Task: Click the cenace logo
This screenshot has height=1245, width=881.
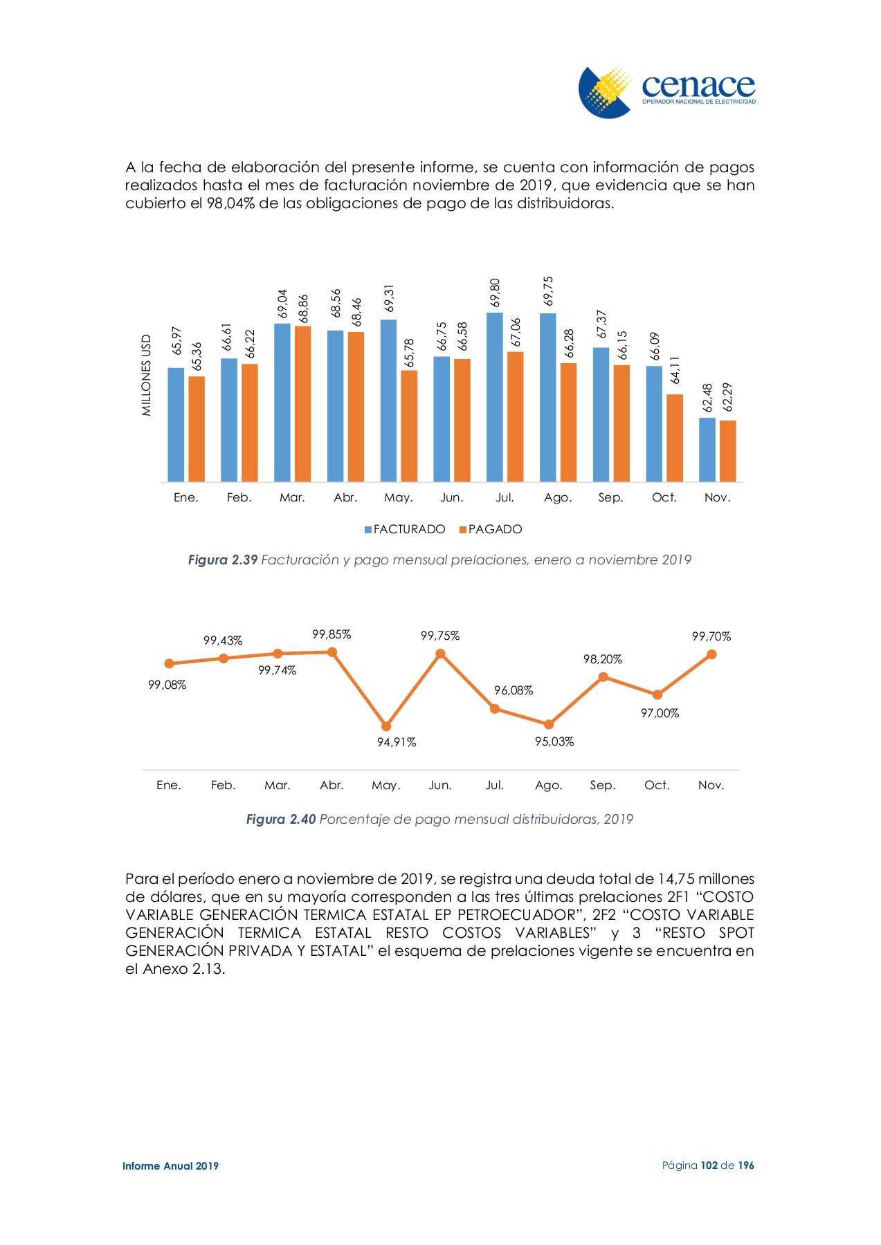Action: (666, 92)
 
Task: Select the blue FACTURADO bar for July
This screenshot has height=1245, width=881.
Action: (494, 397)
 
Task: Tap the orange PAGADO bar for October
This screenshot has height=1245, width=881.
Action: (675, 438)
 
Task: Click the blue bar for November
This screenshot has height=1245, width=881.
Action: (707, 450)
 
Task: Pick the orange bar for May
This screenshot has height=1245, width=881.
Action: (409, 426)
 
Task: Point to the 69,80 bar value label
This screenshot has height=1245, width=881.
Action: (495, 293)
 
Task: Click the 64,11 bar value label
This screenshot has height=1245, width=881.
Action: (675, 371)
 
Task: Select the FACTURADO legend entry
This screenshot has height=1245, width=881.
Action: (405, 529)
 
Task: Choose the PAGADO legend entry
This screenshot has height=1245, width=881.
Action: (491, 529)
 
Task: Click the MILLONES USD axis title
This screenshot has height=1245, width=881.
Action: (146, 376)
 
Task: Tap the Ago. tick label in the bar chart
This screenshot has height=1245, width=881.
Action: (558, 497)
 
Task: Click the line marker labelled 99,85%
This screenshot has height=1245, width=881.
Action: (332, 652)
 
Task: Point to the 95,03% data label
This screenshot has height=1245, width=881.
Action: (554, 741)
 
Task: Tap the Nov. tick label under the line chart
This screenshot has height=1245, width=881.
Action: (711, 785)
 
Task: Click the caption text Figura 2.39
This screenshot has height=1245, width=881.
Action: (223, 560)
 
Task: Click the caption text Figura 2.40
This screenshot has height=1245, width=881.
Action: (281, 819)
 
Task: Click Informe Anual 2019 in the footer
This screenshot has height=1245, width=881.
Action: (170, 1165)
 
